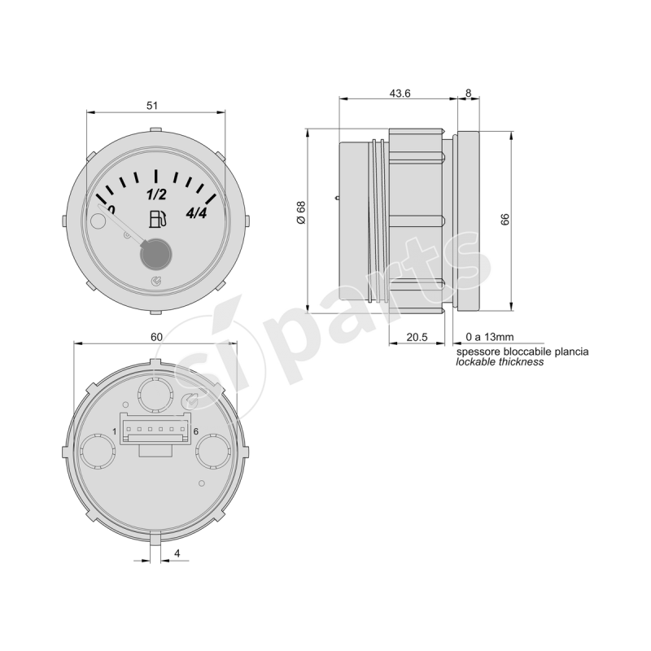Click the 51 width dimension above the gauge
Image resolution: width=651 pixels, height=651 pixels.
tap(151, 106)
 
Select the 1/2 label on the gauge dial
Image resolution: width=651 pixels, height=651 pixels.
tap(155, 194)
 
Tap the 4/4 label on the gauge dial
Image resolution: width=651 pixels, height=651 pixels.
tap(197, 214)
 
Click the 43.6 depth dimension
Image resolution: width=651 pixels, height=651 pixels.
tap(400, 94)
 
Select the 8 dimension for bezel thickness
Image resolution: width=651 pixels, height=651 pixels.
tap(467, 94)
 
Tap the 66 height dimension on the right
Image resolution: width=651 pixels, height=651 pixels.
tap(505, 219)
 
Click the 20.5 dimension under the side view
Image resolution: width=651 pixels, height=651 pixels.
tap(417, 335)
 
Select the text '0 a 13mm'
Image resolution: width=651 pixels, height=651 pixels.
tap(489, 336)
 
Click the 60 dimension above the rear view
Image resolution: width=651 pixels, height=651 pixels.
tap(157, 336)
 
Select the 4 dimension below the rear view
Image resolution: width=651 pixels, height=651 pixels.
tap(177, 554)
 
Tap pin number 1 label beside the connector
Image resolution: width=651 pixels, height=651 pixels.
tap(115, 431)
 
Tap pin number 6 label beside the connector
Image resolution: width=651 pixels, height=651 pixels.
tap(197, 431)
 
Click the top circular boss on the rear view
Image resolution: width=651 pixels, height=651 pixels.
tap(154, 396)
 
